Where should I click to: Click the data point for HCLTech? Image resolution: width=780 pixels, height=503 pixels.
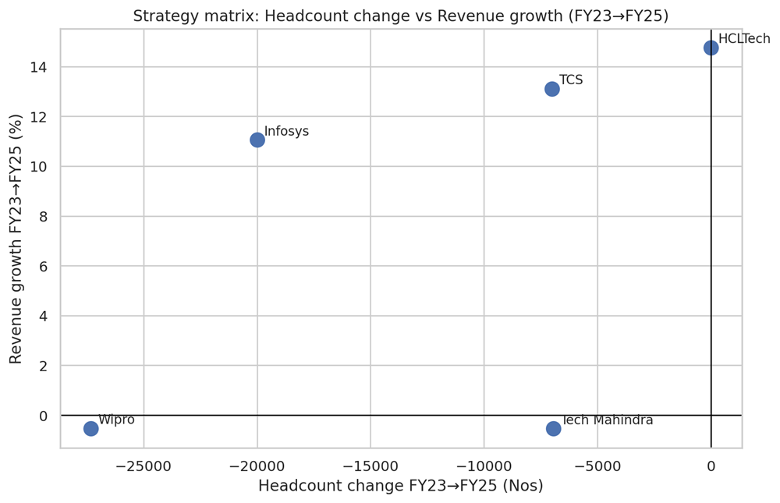click(711, 48)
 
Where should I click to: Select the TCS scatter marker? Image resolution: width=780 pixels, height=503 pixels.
click(552, 89)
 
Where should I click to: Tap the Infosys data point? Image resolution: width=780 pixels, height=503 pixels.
click(257, 140)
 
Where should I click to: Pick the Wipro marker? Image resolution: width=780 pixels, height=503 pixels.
click(91, 428)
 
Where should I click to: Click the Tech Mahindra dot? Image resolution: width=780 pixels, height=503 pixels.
click(554, 428)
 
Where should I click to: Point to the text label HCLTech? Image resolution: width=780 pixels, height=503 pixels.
click(743, 39)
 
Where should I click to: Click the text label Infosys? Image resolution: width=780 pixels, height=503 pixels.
click(286, 131)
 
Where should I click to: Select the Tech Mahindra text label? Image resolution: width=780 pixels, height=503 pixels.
click(607, 420)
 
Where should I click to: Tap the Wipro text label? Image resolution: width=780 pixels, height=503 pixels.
click(116, 420)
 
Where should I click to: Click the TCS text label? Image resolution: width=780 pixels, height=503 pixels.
click(571, 80)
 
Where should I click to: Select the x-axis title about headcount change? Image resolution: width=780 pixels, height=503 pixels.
click(400, 486)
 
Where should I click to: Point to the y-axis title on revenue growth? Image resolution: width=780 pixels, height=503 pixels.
click(16, 238)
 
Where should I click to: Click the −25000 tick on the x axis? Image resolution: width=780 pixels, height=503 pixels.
click(144, 466)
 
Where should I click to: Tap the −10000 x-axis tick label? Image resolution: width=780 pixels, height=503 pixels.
click(484, 466)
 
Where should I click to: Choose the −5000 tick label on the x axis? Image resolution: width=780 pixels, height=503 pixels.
click(597, 466)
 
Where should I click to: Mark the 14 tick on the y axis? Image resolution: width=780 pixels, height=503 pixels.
click(39, 67)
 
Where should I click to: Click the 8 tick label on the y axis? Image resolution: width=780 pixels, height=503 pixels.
click(44, 216)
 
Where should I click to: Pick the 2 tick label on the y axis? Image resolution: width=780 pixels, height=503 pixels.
click(44, 366)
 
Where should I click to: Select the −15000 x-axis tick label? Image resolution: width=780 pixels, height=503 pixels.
click(370, 466)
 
